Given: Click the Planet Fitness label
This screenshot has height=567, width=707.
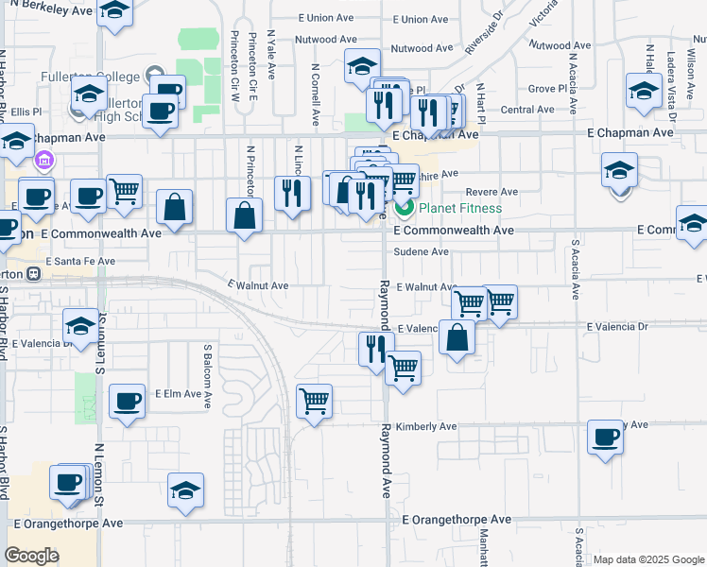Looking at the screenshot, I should [x=461, y=208].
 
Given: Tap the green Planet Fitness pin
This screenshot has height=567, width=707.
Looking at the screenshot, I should [x=404, y=208].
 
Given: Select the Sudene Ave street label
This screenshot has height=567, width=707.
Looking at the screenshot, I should [x=422, y=252].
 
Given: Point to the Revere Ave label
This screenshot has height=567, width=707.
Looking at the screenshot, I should [x=491, y=192].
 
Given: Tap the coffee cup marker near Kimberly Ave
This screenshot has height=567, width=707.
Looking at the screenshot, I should [x=605, y=438].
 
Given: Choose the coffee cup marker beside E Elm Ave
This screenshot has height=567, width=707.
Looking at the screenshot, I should [x=127, y=402].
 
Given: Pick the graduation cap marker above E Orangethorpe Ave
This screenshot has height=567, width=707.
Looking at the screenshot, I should [x=186, y=490].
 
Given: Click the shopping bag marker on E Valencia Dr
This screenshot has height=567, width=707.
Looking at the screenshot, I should [x=457, y=337].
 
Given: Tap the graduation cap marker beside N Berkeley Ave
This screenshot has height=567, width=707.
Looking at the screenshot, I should [x=115, y=11].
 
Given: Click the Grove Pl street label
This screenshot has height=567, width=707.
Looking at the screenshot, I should [x=545, y=88].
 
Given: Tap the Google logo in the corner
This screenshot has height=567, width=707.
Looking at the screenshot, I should [x=32, y=556].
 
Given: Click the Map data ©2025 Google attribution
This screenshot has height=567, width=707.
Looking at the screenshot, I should [x=647, y=559].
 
